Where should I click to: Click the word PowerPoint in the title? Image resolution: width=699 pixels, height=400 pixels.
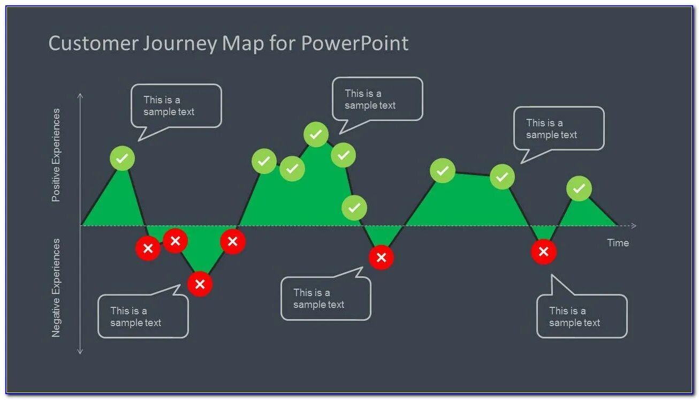[355, 43]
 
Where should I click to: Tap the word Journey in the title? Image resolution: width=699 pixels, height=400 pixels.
[179, 44]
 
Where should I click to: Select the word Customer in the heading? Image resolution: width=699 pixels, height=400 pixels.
[93, 43]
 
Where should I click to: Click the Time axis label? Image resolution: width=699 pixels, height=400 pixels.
[618, 243]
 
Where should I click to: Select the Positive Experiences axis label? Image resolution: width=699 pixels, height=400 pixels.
[56, 155]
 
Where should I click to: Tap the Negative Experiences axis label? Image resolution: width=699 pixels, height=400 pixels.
[56, 288]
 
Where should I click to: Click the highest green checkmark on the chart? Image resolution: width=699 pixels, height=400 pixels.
[316, 134]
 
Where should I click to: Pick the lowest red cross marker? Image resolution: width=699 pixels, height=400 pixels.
[200, 284]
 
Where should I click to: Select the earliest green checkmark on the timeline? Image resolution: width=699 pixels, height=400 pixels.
[123, 159]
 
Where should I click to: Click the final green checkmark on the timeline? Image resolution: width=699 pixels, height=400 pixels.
[579, 188]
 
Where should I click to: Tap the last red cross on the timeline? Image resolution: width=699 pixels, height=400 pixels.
[543, 252]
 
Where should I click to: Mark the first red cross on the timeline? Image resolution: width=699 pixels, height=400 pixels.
[148, 248]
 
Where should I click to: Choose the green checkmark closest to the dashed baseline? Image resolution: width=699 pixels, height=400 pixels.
[354, 208]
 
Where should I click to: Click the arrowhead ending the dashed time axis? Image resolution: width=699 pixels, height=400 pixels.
[634, 225]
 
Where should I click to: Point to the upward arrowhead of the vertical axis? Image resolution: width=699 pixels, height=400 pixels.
[80, 95]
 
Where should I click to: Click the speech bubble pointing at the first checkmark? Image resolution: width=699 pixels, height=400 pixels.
[176, 106]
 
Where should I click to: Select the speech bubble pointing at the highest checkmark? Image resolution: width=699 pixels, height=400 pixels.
[377, 99]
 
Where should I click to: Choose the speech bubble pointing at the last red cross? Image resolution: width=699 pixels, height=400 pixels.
[581, 316]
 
